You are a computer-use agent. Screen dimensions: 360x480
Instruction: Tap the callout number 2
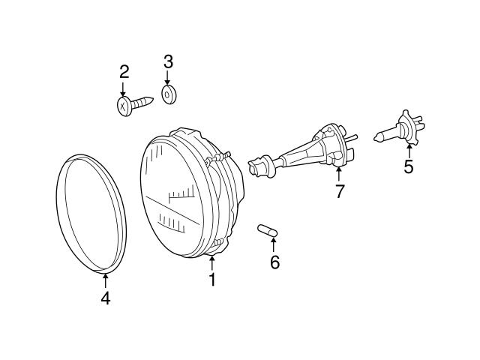(x=124, y=72)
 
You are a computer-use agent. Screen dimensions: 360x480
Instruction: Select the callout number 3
(x=168, y=60)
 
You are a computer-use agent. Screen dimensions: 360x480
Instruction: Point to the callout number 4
(x=105, y=298)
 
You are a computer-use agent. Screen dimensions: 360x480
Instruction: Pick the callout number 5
(x=408, y=166)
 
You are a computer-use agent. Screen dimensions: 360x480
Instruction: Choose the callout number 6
(x=274, y=262)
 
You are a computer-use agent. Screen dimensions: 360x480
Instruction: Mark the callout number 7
(x=340, y=191)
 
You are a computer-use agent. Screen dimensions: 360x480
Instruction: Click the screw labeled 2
(x=135, y=103)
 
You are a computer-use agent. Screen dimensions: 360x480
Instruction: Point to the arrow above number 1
(x=212, y=262)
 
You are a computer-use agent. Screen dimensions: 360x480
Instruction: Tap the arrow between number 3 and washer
(x=168, y=76)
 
